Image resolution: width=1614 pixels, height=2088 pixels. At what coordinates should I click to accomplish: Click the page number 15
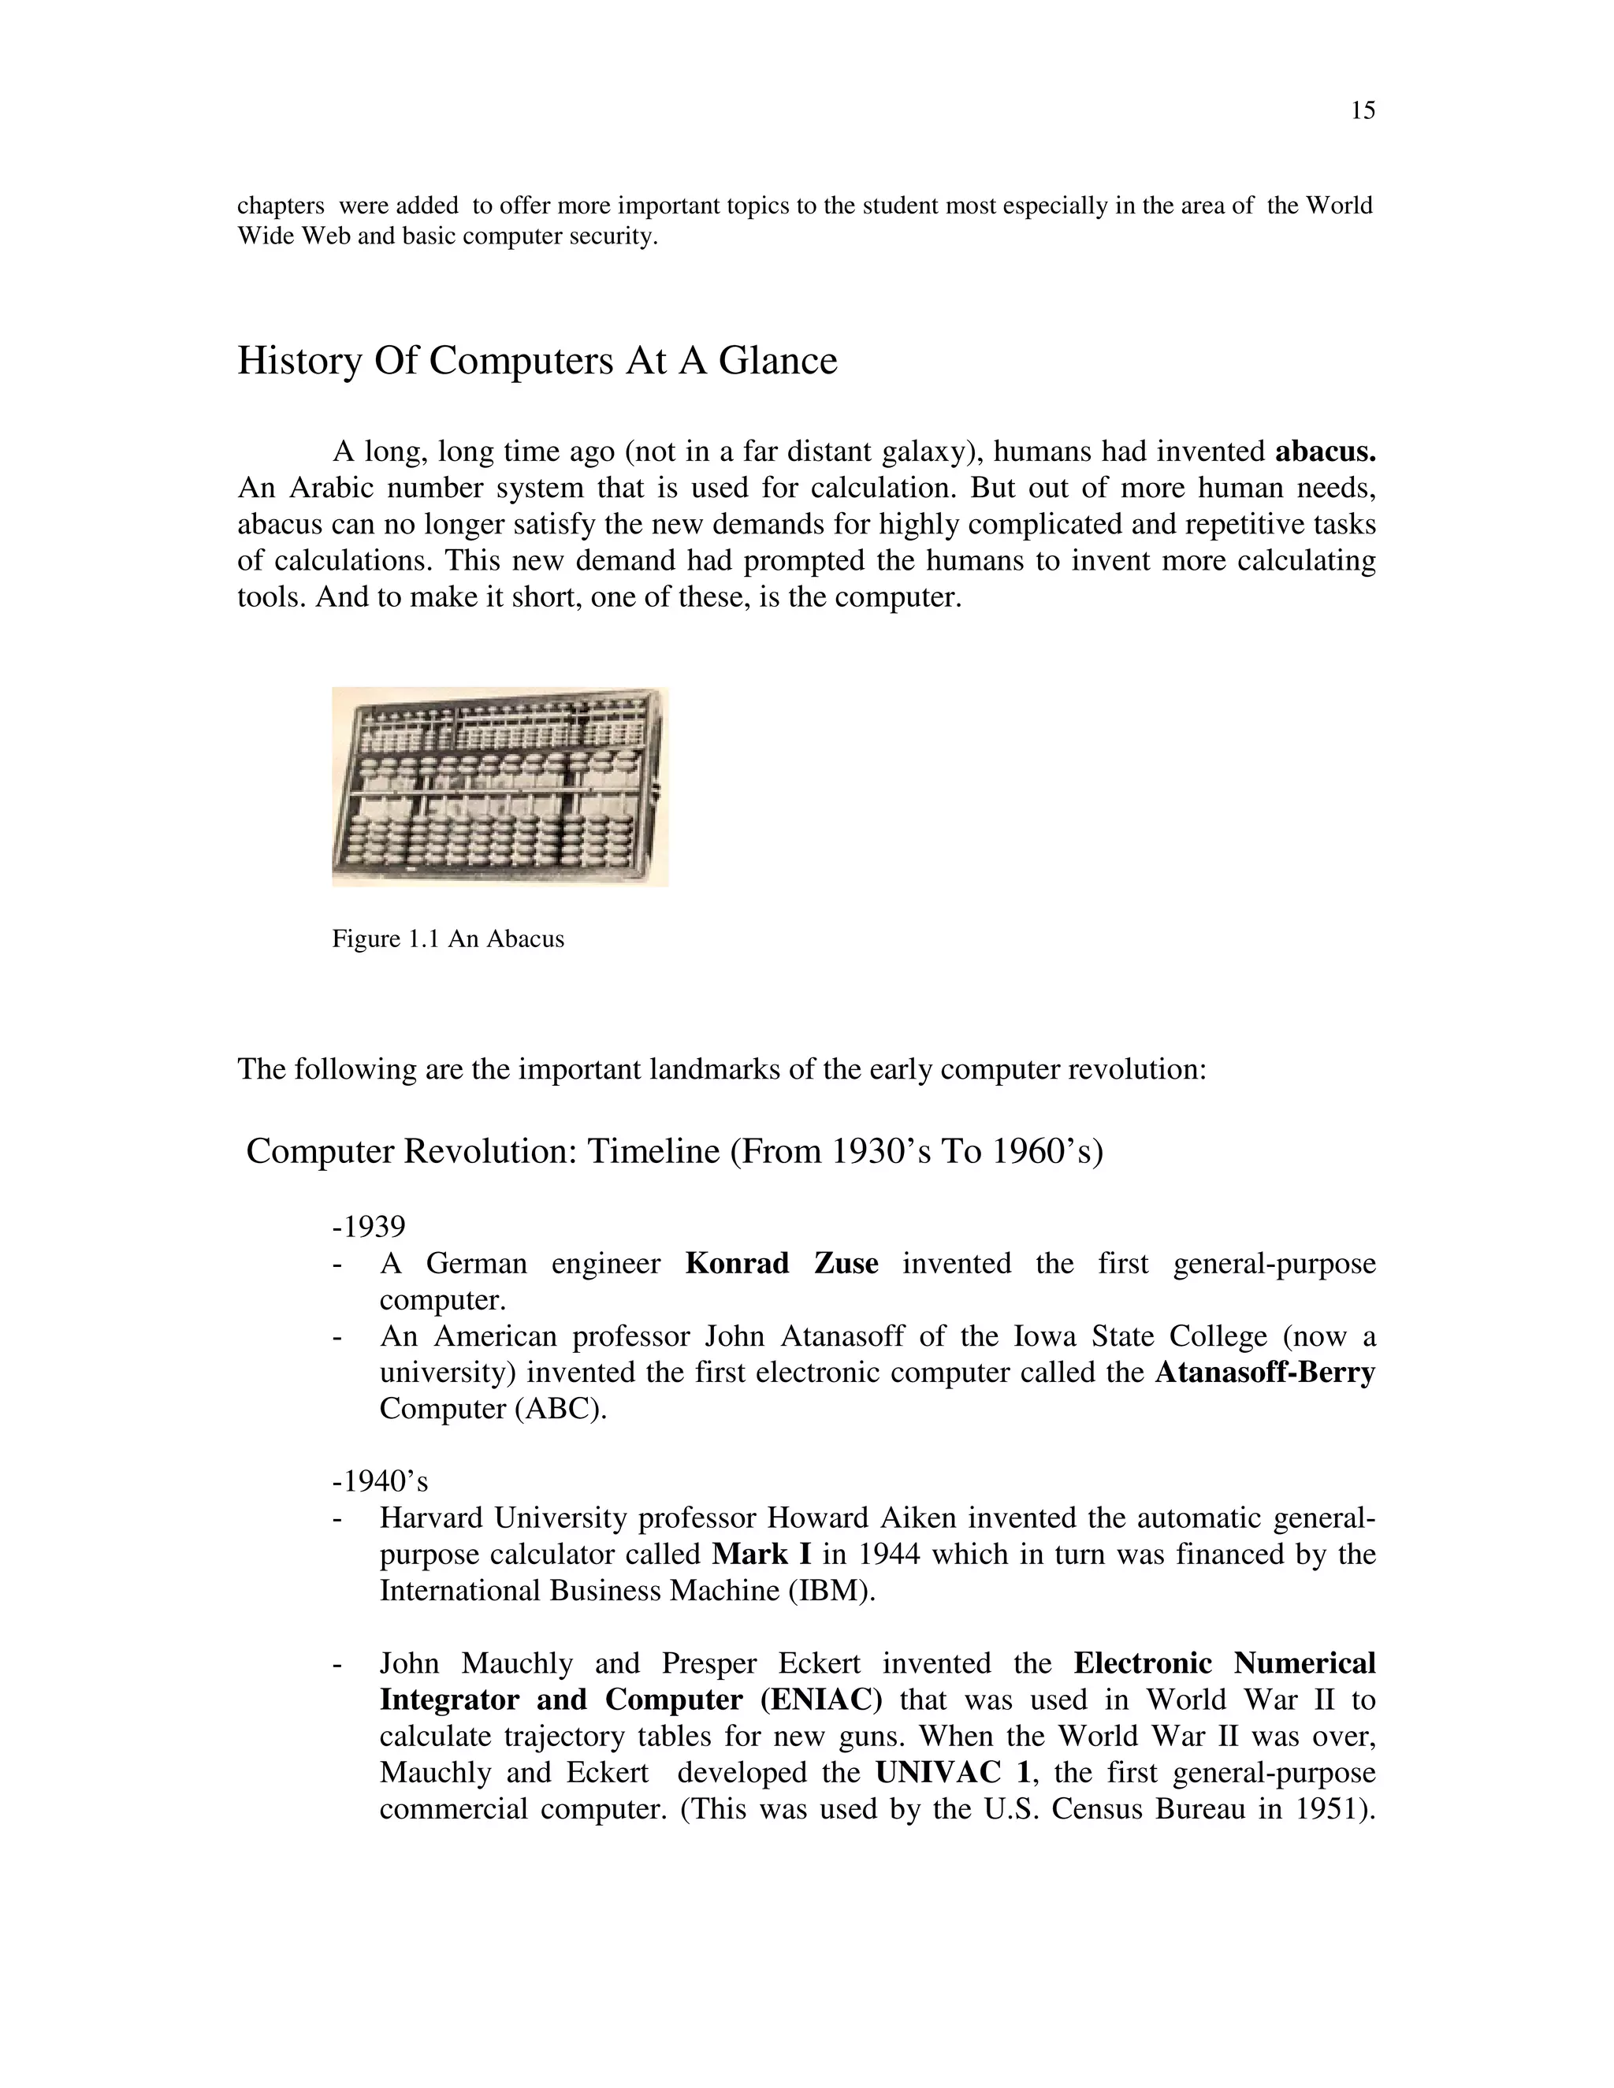point(1363,112)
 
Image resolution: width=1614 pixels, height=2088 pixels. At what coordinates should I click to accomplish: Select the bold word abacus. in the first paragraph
point(1326,451)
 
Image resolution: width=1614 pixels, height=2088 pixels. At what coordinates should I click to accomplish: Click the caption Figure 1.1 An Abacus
point(448,939)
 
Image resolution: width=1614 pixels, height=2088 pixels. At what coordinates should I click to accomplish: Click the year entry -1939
point(369,1226)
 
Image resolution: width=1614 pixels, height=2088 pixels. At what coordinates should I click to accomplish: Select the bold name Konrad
point(736,1263)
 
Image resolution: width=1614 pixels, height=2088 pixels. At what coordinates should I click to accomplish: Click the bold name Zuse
point(846,1263)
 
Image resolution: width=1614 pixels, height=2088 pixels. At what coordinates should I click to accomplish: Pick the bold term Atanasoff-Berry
point(1264,1373)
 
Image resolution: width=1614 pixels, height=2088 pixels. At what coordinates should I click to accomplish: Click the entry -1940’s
point(380,1482)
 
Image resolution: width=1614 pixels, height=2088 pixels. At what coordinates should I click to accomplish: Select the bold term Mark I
point(761,1555)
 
